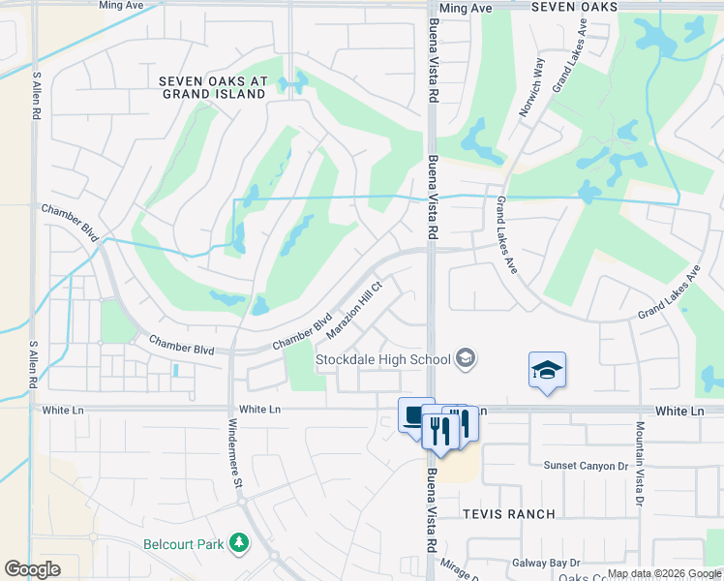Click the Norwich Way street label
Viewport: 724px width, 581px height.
pyautogui.click(x=531, y=88)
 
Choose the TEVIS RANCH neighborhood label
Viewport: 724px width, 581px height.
pyautogui.click(x=508, y=514)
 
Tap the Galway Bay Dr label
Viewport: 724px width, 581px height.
pyautogui.click(x=546, y=563)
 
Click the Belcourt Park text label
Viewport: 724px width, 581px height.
pyautogui.click(x=184, y=544)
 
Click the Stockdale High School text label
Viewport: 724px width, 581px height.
pyautogui.click(x=383, y=360)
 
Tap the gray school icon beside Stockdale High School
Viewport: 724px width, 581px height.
pyautogui.click(x=466, y=360)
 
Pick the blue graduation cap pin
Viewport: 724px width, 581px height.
pyautogui.click(x=547, y=371)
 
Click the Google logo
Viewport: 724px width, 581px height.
pyautogui.click(x=32, y=569)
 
